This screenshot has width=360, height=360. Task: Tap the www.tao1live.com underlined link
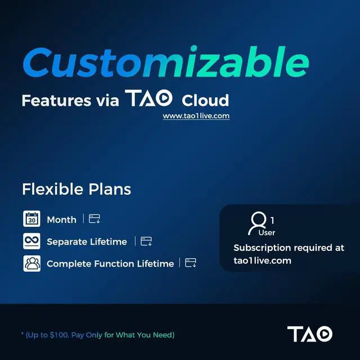click(x=196, y=116)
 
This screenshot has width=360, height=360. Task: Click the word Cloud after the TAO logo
click(x=205, y=101)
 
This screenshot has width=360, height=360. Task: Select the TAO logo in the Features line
click(x=150, y=100)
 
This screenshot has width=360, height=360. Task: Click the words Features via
click(x=70, y=101)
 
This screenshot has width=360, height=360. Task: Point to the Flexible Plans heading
click(x=76, y=190)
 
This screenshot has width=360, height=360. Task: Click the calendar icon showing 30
click(x=32, y=219)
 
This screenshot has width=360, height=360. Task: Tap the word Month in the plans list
click(x=61, y=220)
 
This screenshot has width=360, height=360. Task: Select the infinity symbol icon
click(x=32, y=241)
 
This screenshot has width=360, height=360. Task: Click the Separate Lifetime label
click(x=87, y=242)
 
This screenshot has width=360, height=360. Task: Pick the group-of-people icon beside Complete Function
click(x=32, y=263)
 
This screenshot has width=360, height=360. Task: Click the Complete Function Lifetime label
click(x=110, y=264)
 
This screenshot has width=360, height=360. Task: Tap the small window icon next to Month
click(x=94, y=219)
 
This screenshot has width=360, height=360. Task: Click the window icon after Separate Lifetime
click(x=146, y=241)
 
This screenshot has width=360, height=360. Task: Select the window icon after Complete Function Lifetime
click(x=191, y=263)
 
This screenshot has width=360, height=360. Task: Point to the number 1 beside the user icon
click(x=272, y=220)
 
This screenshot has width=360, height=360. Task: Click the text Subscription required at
click(x=289, y=248)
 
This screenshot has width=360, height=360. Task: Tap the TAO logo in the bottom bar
click(x=309, y=334)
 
